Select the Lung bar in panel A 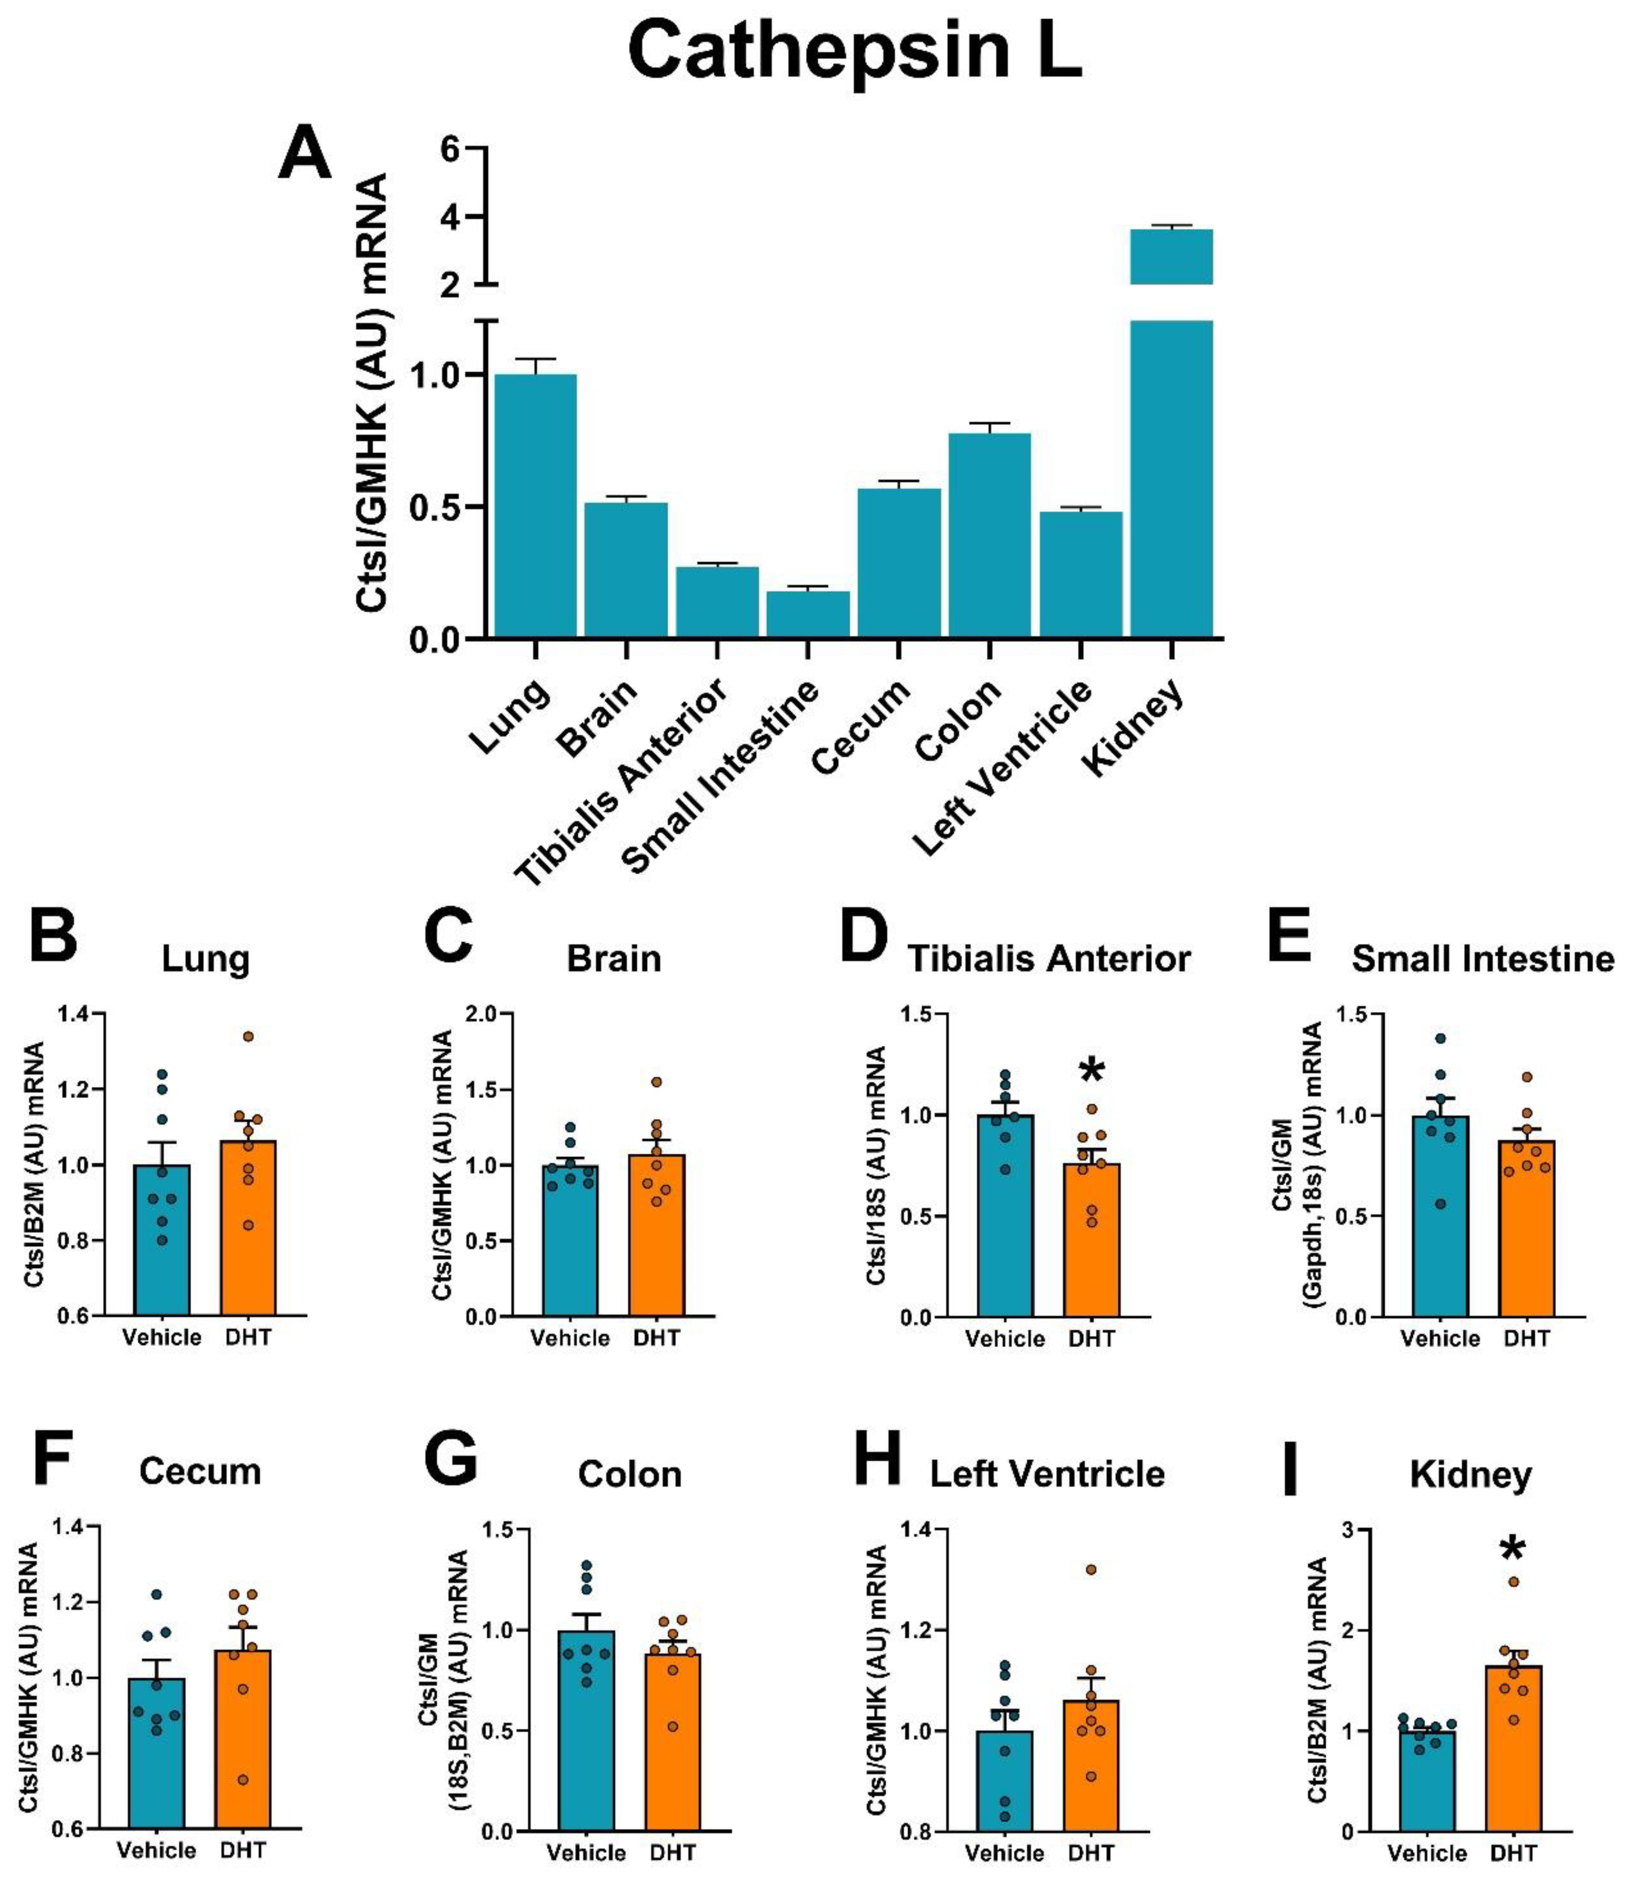(535, 505)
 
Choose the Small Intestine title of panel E (1482, 959)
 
